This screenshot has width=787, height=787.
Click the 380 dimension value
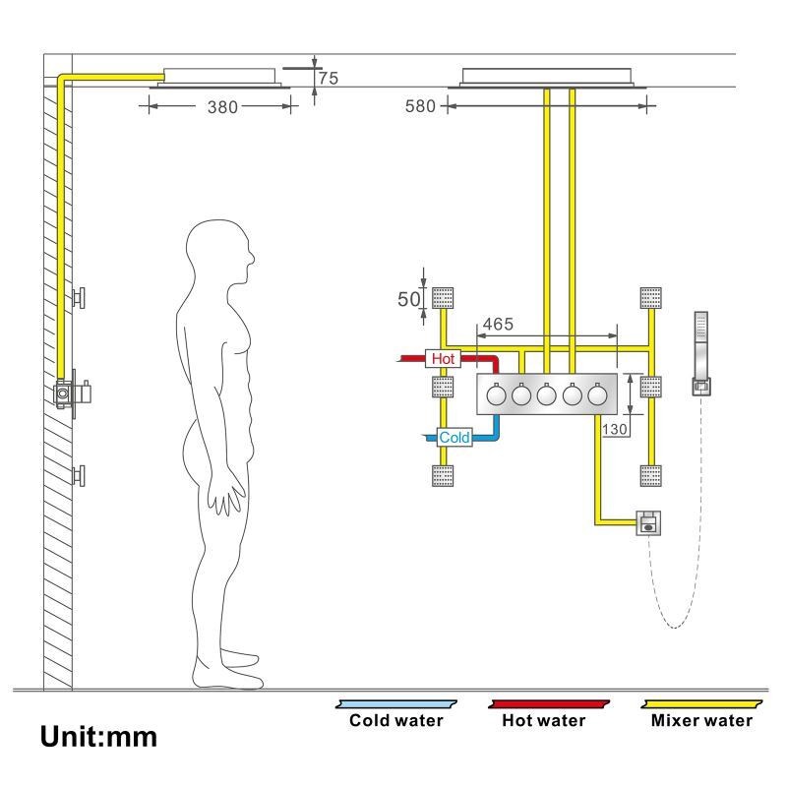click(x=221, y=107)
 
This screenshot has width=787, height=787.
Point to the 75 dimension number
click(x=328, y=78)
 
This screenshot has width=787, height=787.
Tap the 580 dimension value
click(x=420, y=107)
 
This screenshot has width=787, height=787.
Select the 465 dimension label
click(x=497, y=323)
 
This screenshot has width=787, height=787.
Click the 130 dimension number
click(x=616, y=429)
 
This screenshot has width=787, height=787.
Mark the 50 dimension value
click(x=409, y=298)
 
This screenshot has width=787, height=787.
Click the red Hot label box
click(x=443, y=359)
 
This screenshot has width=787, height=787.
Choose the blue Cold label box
click(x=454, y=437)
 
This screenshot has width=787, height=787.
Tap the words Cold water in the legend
click(x=396, y=720)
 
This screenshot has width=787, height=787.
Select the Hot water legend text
click(x=544, y=720)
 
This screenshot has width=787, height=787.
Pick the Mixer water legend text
click(x=701, y=720)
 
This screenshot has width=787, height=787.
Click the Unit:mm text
click(x=98, y=736)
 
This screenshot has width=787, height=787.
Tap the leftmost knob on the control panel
click(x=496, y=394)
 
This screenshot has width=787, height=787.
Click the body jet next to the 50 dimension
click(x=443, y=296)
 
